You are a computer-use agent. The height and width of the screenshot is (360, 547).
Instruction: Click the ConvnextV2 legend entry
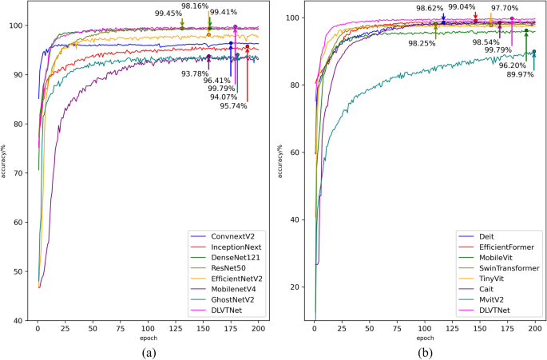(232, 237)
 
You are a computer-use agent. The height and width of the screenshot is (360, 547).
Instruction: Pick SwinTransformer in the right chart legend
(509, 269)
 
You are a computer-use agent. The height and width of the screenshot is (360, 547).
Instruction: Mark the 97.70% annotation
(505, 8)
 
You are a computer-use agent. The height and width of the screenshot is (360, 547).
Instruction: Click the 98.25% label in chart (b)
(422, 43)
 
